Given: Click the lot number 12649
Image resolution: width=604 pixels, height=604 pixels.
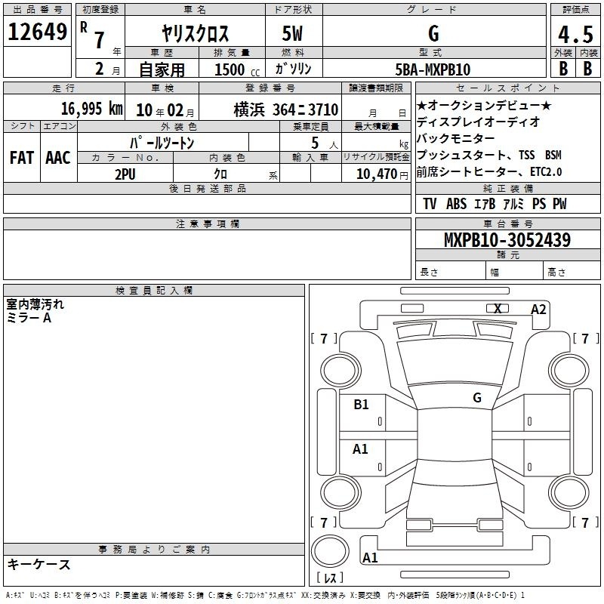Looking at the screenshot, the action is [x=37, y=32].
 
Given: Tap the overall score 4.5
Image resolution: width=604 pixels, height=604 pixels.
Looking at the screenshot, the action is [x=575, y=34].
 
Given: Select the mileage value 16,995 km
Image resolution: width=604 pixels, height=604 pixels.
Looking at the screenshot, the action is [x=92, y=109].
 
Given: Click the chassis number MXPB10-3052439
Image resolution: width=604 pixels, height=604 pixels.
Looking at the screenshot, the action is [x=507, y=239].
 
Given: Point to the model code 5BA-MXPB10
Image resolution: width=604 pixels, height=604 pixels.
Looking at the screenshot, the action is [x=433, y=69].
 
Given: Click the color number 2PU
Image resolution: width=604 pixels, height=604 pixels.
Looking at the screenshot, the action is [x=125, y=174].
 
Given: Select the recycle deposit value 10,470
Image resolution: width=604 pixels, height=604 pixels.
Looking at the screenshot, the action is [x=377, y=174].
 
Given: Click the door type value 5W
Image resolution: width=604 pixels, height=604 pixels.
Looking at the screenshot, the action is [x=292, y=33].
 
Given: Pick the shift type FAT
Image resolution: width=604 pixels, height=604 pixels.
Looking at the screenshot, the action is [x=22, y=158].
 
